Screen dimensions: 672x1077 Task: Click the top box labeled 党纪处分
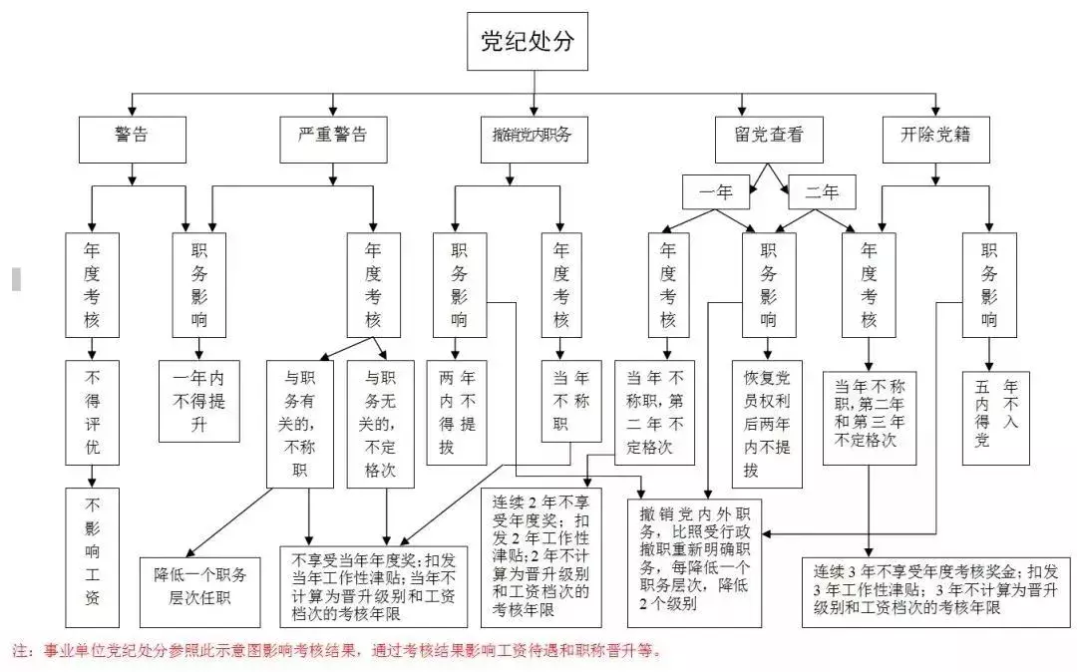528,42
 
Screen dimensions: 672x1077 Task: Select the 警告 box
132,139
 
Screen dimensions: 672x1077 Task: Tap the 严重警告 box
332,139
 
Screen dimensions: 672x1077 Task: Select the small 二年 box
822,191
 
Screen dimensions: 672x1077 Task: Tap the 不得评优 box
92,412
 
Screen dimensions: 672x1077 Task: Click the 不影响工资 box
92,558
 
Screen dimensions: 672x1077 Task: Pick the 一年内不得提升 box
198,400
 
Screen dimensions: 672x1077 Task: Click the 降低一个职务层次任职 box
200,585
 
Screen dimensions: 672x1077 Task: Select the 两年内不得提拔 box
458,412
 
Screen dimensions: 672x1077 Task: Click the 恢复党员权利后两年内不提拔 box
767,424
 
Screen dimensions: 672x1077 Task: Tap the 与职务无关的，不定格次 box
380,424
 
